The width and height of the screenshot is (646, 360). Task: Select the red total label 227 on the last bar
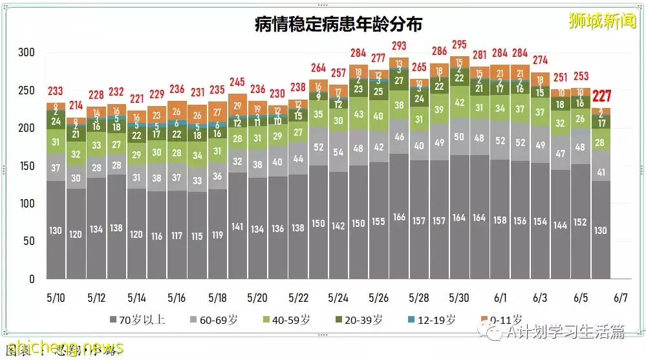(x=601, y=96)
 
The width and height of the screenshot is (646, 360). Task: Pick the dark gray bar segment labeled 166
(x=399, y=217)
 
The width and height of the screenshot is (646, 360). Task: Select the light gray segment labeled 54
(x=338, y=153)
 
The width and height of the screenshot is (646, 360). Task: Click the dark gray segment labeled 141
(x=237, y=226)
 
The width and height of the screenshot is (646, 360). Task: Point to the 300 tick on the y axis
(x=27, y=52)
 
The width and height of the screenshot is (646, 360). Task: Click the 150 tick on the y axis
(x=27, y=166)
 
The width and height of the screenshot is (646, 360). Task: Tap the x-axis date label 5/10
(x=56, y=298)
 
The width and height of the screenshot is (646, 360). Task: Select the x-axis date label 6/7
(x=620, y=298)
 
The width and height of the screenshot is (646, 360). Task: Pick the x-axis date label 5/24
(x=338, y=298)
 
